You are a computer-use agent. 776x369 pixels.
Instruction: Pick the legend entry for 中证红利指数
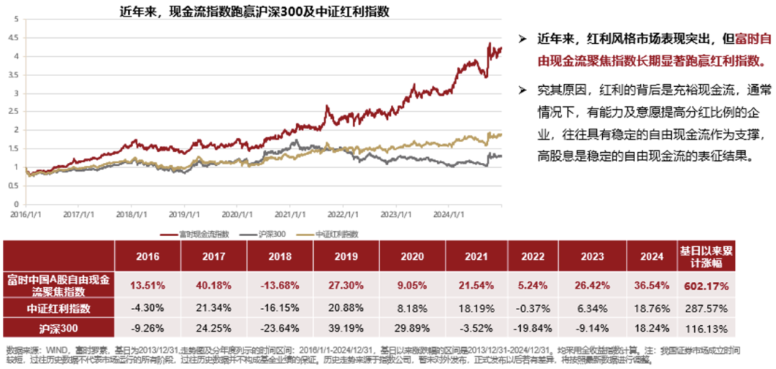pyautogui.click(x=337, y=233)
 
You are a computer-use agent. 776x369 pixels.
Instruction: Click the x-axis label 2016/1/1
pyautogui.click(x=24, y=214)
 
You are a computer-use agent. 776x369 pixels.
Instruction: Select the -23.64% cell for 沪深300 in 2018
pyautogui.click(x=280, y=329)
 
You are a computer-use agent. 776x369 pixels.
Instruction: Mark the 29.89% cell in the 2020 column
pyautogui.click(x=412, y=329)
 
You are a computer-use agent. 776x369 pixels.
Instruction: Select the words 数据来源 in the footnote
pyautogui.click(x=18, y=349)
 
